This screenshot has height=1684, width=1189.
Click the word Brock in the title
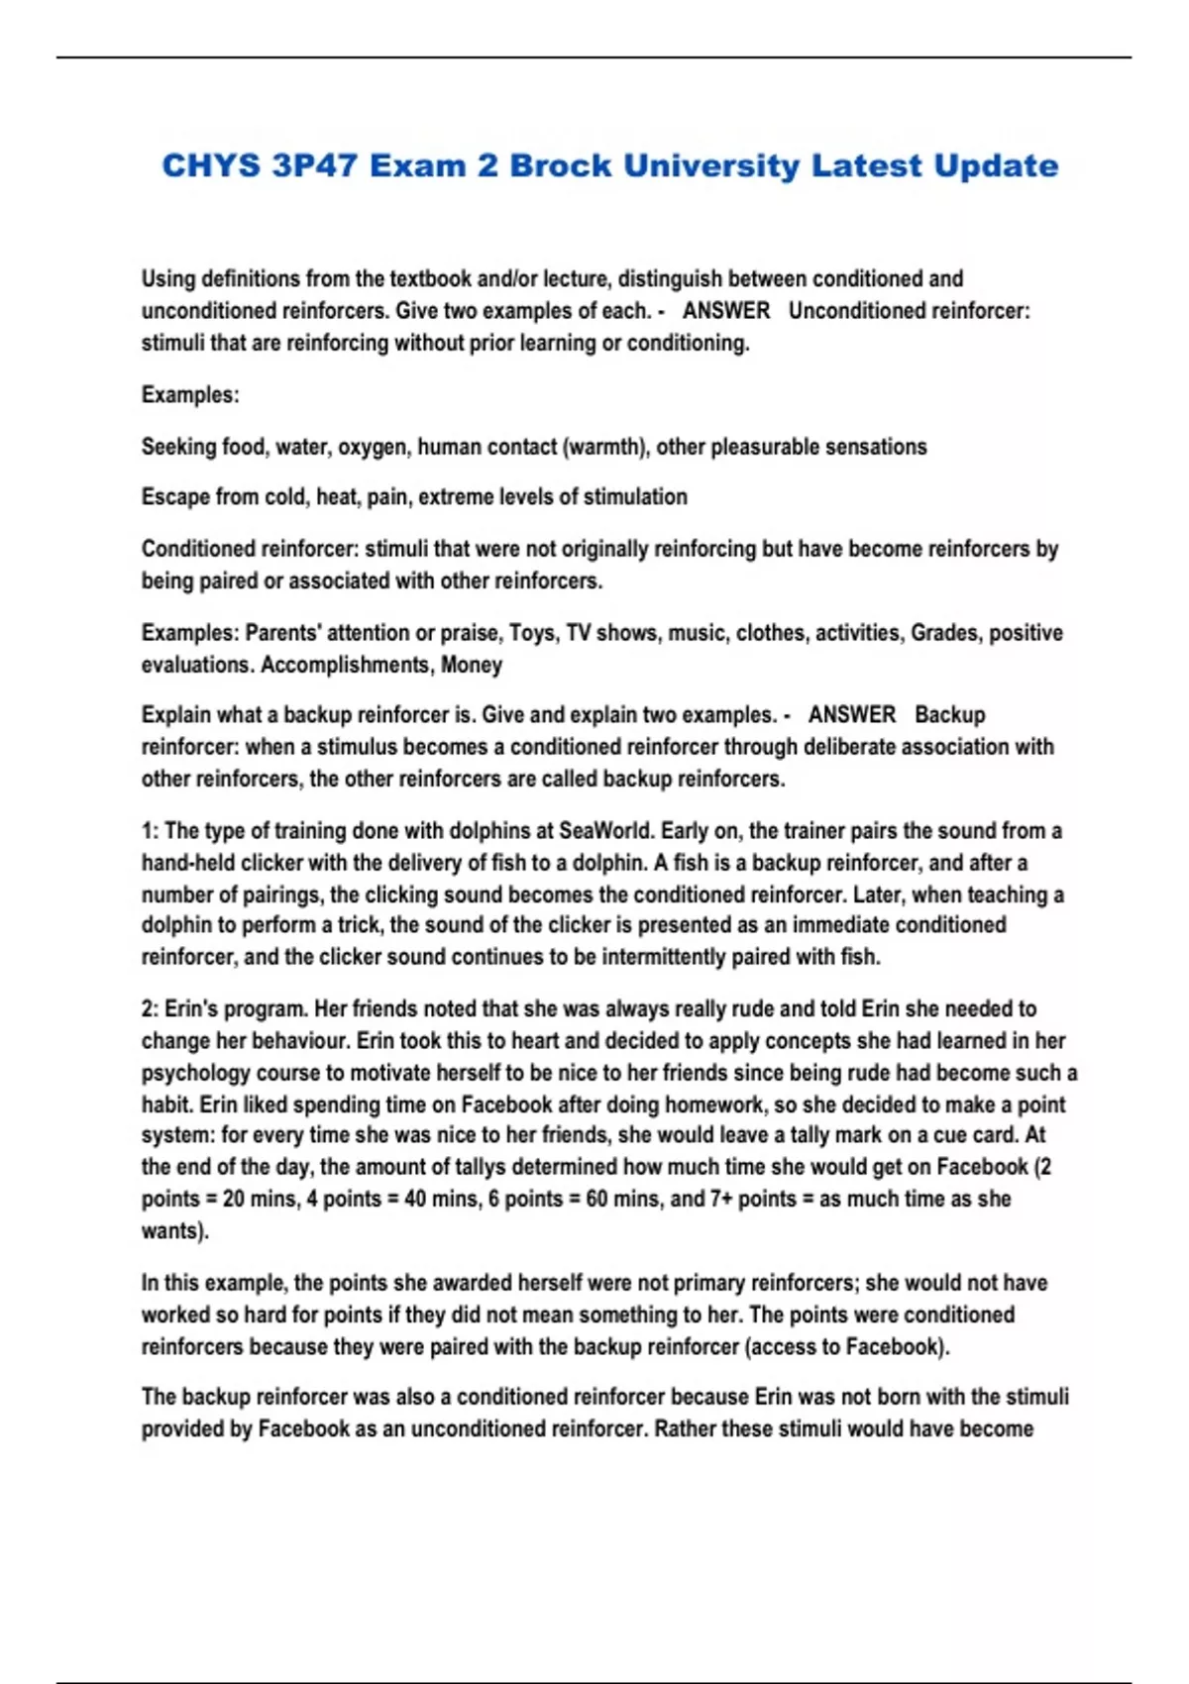560,165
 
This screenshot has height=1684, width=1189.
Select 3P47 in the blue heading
314,165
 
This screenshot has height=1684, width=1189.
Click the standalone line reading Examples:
190,394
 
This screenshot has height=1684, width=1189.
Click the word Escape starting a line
174,497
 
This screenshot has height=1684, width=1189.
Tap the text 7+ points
753,1199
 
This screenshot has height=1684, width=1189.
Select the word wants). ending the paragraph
174,1231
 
